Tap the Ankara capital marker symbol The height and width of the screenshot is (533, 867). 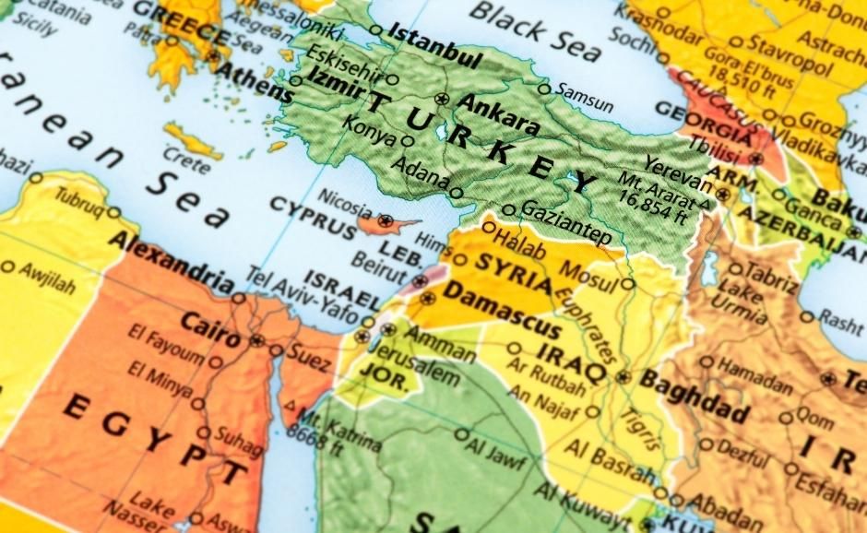click(x=442, y=99)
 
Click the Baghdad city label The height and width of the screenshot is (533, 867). click(x=694, y=395)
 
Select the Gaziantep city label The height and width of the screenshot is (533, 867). click(x=566, y=222)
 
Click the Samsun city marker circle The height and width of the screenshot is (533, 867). click(x=544, y=89)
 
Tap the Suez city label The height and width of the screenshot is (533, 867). click(x=308, y=351)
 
